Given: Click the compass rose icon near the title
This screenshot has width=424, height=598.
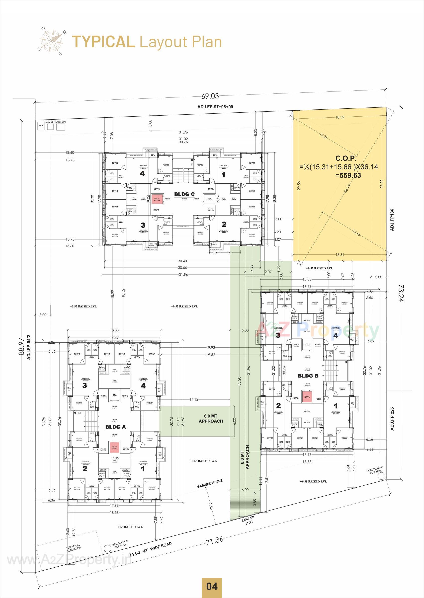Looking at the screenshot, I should point(51,41).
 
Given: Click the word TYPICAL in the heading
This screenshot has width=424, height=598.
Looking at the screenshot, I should point(103,42).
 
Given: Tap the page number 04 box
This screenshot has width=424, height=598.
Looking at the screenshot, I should point(212,587).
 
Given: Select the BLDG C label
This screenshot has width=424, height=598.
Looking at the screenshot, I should point(184,194).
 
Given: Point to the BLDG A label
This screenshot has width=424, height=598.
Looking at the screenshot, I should point(115,427).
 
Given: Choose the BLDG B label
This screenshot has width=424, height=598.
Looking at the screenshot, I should point(308,376).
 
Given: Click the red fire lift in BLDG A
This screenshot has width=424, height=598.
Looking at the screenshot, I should point(114,447).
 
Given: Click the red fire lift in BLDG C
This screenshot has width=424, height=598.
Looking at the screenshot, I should point(157,199).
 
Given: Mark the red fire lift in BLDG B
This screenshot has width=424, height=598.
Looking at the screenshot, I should point(307,397).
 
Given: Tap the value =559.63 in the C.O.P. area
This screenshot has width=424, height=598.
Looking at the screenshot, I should point(348,176).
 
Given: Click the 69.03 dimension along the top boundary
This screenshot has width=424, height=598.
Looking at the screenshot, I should point(210,96).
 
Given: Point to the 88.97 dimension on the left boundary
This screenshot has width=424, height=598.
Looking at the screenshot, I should point(21,347).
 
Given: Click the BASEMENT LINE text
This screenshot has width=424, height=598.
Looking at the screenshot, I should point(210,483).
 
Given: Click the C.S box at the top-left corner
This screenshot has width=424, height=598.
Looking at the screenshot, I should point(41,126).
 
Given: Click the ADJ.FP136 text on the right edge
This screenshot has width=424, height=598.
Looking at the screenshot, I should point(392,220).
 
